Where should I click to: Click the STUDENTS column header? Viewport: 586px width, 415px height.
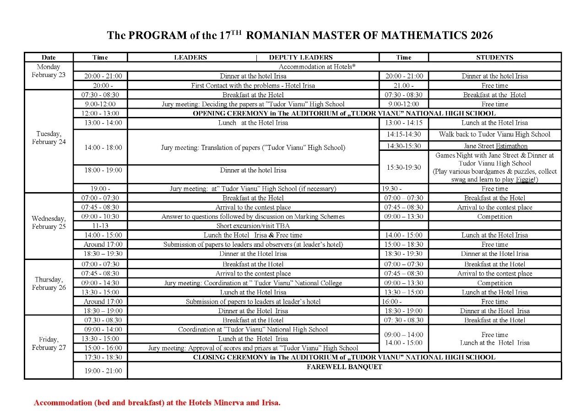[x=494, y=57]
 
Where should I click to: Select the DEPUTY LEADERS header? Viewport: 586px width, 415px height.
[x=301, y=57]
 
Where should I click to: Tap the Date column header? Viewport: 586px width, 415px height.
[x=49, y=57]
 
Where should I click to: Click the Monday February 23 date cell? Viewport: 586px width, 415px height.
[x=49, y=71]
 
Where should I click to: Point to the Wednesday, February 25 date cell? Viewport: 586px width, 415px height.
[x=49, y=222]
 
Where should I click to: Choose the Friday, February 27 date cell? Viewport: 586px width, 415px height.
[x=49, y=343]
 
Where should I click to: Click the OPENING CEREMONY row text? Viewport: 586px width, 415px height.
[x=344, y=113]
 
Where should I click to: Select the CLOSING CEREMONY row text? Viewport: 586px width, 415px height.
[x=344, y=357]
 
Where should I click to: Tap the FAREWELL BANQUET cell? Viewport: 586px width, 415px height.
[x=344, y=367]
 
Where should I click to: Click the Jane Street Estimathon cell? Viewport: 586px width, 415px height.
[x=495, y=146]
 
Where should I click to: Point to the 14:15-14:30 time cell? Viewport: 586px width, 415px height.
[x=404, y=134]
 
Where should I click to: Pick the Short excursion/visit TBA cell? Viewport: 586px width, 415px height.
[x=253, y=226]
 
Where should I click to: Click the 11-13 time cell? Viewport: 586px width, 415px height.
[x=100, y=226]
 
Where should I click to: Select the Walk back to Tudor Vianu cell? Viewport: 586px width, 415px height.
[x=494, y=134]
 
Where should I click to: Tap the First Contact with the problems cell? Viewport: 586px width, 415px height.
[x=253, y=85]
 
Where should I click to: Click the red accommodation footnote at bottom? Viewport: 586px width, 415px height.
[x=157, y=403]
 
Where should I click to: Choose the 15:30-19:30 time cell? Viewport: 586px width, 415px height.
[x=404, y=167]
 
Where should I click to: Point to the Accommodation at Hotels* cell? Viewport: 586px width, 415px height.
[x=317, y=67]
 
